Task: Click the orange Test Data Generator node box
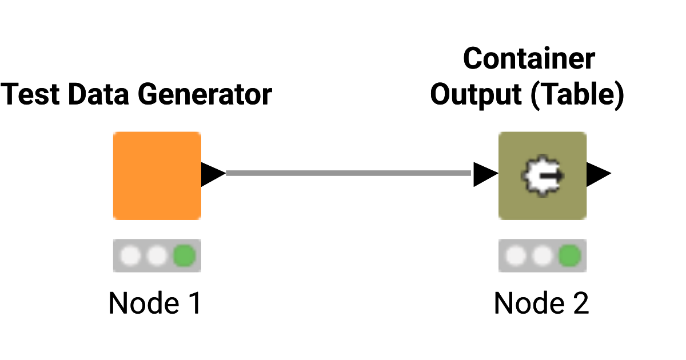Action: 157,176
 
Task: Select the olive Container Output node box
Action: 543,176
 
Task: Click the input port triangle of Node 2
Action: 485,174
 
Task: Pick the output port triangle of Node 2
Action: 598,174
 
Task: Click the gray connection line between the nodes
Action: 349,173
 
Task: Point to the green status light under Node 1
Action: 184,256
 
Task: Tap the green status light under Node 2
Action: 569,256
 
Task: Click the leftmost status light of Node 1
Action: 131,256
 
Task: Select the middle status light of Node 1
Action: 157,256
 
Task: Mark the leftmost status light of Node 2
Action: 516,256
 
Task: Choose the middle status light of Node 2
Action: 543,256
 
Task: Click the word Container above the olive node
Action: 529,59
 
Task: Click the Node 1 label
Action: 155,303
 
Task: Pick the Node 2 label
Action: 541,303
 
